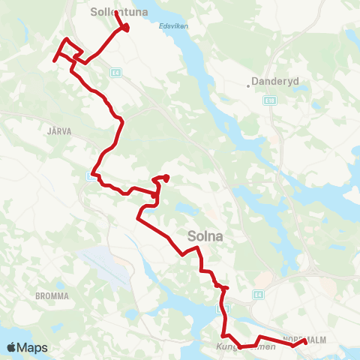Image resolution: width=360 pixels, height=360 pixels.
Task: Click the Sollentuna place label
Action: coord(119,12)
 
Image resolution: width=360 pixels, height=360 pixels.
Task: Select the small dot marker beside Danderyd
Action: coord(249,85)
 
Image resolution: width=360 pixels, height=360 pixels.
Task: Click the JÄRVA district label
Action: coord(58,130)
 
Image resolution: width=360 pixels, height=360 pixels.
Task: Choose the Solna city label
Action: coord(207,235)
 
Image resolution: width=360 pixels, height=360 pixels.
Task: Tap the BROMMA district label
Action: coord(52,296)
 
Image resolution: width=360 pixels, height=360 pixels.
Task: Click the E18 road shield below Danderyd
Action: coord(271,98)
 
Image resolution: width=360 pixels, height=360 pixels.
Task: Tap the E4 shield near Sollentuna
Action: coord(115,73)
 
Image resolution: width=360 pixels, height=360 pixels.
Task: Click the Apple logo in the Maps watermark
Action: coord(12,347)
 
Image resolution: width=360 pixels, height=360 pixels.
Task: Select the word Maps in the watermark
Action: coord(33,347)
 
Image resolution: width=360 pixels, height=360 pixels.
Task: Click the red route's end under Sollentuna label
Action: coord(125,28)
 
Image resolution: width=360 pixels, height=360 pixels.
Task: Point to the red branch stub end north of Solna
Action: coord(166,178)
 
